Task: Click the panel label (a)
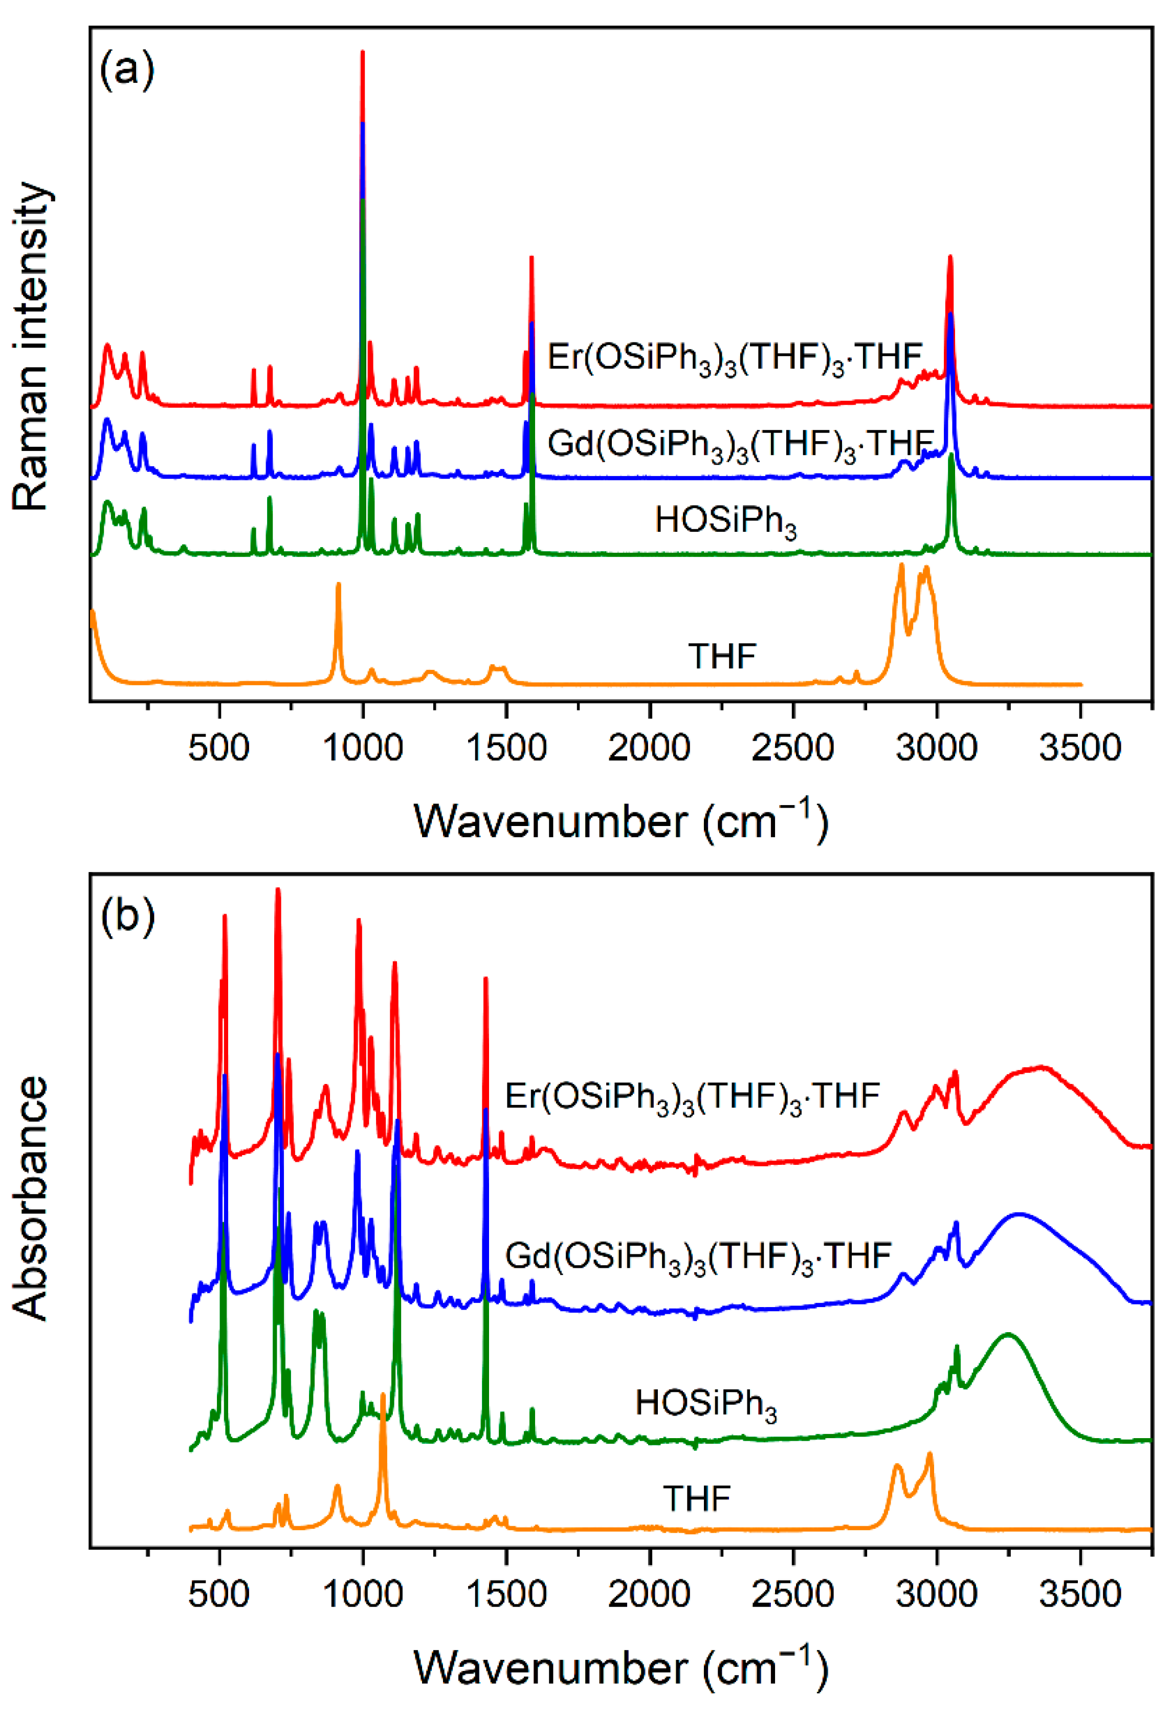point(127,71)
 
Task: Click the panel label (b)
point(127,917)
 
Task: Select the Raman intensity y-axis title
point(31,347)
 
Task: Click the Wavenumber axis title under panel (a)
point(621,820)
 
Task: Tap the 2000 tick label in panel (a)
point(649,748)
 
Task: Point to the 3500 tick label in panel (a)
point(1080,748)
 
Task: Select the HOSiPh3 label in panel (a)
point(725,521)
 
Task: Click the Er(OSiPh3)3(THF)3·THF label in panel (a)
point(735,358)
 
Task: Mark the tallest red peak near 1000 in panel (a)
point(362,55)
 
